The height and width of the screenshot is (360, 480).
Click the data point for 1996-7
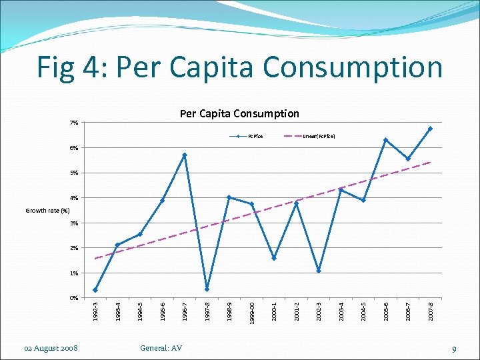tap(185, 155)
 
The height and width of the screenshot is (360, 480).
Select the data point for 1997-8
tap(207, 289)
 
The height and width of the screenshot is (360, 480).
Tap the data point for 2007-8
tap(431, 129)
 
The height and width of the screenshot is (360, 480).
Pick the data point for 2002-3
tap(319, 271)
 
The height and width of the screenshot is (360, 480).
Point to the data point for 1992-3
tap(95, 290)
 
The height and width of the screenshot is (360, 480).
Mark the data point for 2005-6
tap(385, 140)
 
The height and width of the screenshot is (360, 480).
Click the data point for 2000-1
tap(274, 258)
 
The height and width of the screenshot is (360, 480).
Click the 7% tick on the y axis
tap(73, 123)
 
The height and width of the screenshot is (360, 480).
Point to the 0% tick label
tap(73, 298)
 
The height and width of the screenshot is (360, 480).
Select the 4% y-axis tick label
tap(73, 198)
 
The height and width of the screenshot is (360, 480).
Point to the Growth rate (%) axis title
tap(47, 211)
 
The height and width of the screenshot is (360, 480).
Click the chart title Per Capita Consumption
tap(239, 114)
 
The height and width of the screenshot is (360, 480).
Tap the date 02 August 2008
tap(51, 348)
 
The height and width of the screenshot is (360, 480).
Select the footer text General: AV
tap(161, 348)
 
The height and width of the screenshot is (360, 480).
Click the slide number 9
tap(453, 349)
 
